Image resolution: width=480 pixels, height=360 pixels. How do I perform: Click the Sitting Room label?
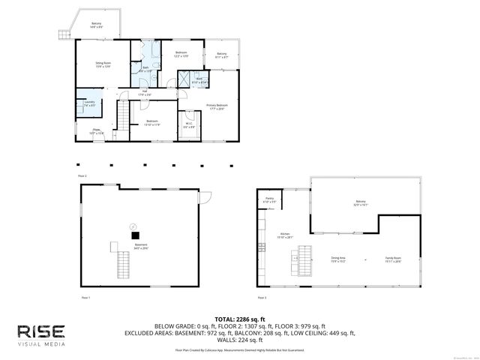pyautogui.click(x=102, y=65)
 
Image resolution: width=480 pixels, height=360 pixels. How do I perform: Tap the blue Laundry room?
pyautogui.click(x=89, y=104)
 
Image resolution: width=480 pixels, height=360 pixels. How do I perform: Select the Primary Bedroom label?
pyautogui.click(x=216, y=106)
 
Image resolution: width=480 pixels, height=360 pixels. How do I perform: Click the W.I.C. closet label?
pyautogui.click(x=188, y=125)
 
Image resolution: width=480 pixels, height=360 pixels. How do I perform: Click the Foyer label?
pyautogui.click(x=97, y=131)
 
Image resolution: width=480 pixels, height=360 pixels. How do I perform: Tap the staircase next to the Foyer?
pyautogui.click(x=121, y=118)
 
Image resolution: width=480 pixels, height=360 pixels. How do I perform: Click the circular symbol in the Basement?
pyautogui.click(x=133, y=224)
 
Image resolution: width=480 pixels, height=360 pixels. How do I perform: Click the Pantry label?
pyautogui.click(x=269, y=201)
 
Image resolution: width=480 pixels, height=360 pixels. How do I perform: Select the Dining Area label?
pyautogui.click(x=338, y=259)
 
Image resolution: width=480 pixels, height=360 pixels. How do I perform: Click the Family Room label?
pyautogui.click(x=393, y=259)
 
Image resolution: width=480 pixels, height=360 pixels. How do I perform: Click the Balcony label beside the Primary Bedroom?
pyautogui.click(x=222, y=55)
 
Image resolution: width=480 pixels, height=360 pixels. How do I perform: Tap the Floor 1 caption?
pyautogui.click(x=85, y=298)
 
